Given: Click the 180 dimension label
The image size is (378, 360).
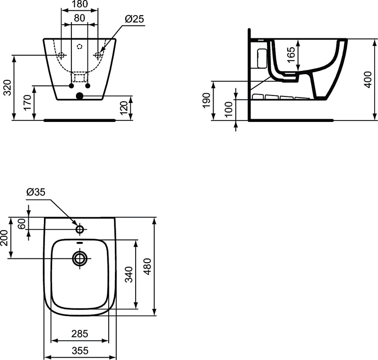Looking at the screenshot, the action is tap(80, 4).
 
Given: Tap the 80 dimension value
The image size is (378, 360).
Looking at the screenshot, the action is tap(79, 18).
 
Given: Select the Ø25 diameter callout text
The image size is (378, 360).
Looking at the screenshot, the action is tap(134, 19).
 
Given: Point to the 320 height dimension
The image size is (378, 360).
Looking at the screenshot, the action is tap(8, 87).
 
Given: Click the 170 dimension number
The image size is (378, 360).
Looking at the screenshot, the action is tap(28, 103).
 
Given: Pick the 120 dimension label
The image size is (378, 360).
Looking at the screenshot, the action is tap(124, 108).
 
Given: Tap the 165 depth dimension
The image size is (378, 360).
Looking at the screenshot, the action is tap(291, 55).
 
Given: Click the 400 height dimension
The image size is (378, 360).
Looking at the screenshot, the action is tap(368, 79).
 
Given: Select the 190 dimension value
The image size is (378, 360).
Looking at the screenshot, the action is tap(206, 101).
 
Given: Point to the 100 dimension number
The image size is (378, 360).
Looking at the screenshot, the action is tap(229, 110).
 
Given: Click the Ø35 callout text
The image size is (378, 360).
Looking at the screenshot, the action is tap(36, 192).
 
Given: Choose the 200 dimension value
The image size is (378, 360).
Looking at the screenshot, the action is tap(4, 238).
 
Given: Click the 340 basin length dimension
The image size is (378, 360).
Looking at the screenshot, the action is tap(129, 274).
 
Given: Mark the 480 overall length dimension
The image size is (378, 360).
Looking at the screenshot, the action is tap(147, 266).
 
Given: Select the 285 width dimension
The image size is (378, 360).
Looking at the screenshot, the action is tap(80, 334).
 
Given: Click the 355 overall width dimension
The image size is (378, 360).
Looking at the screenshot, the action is tap(80, 351).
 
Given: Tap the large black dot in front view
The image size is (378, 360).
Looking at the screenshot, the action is tap(79, 96).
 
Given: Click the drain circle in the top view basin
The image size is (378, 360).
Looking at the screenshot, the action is tap(80, 258).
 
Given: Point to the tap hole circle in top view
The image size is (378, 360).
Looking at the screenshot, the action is tap(80, 229).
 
